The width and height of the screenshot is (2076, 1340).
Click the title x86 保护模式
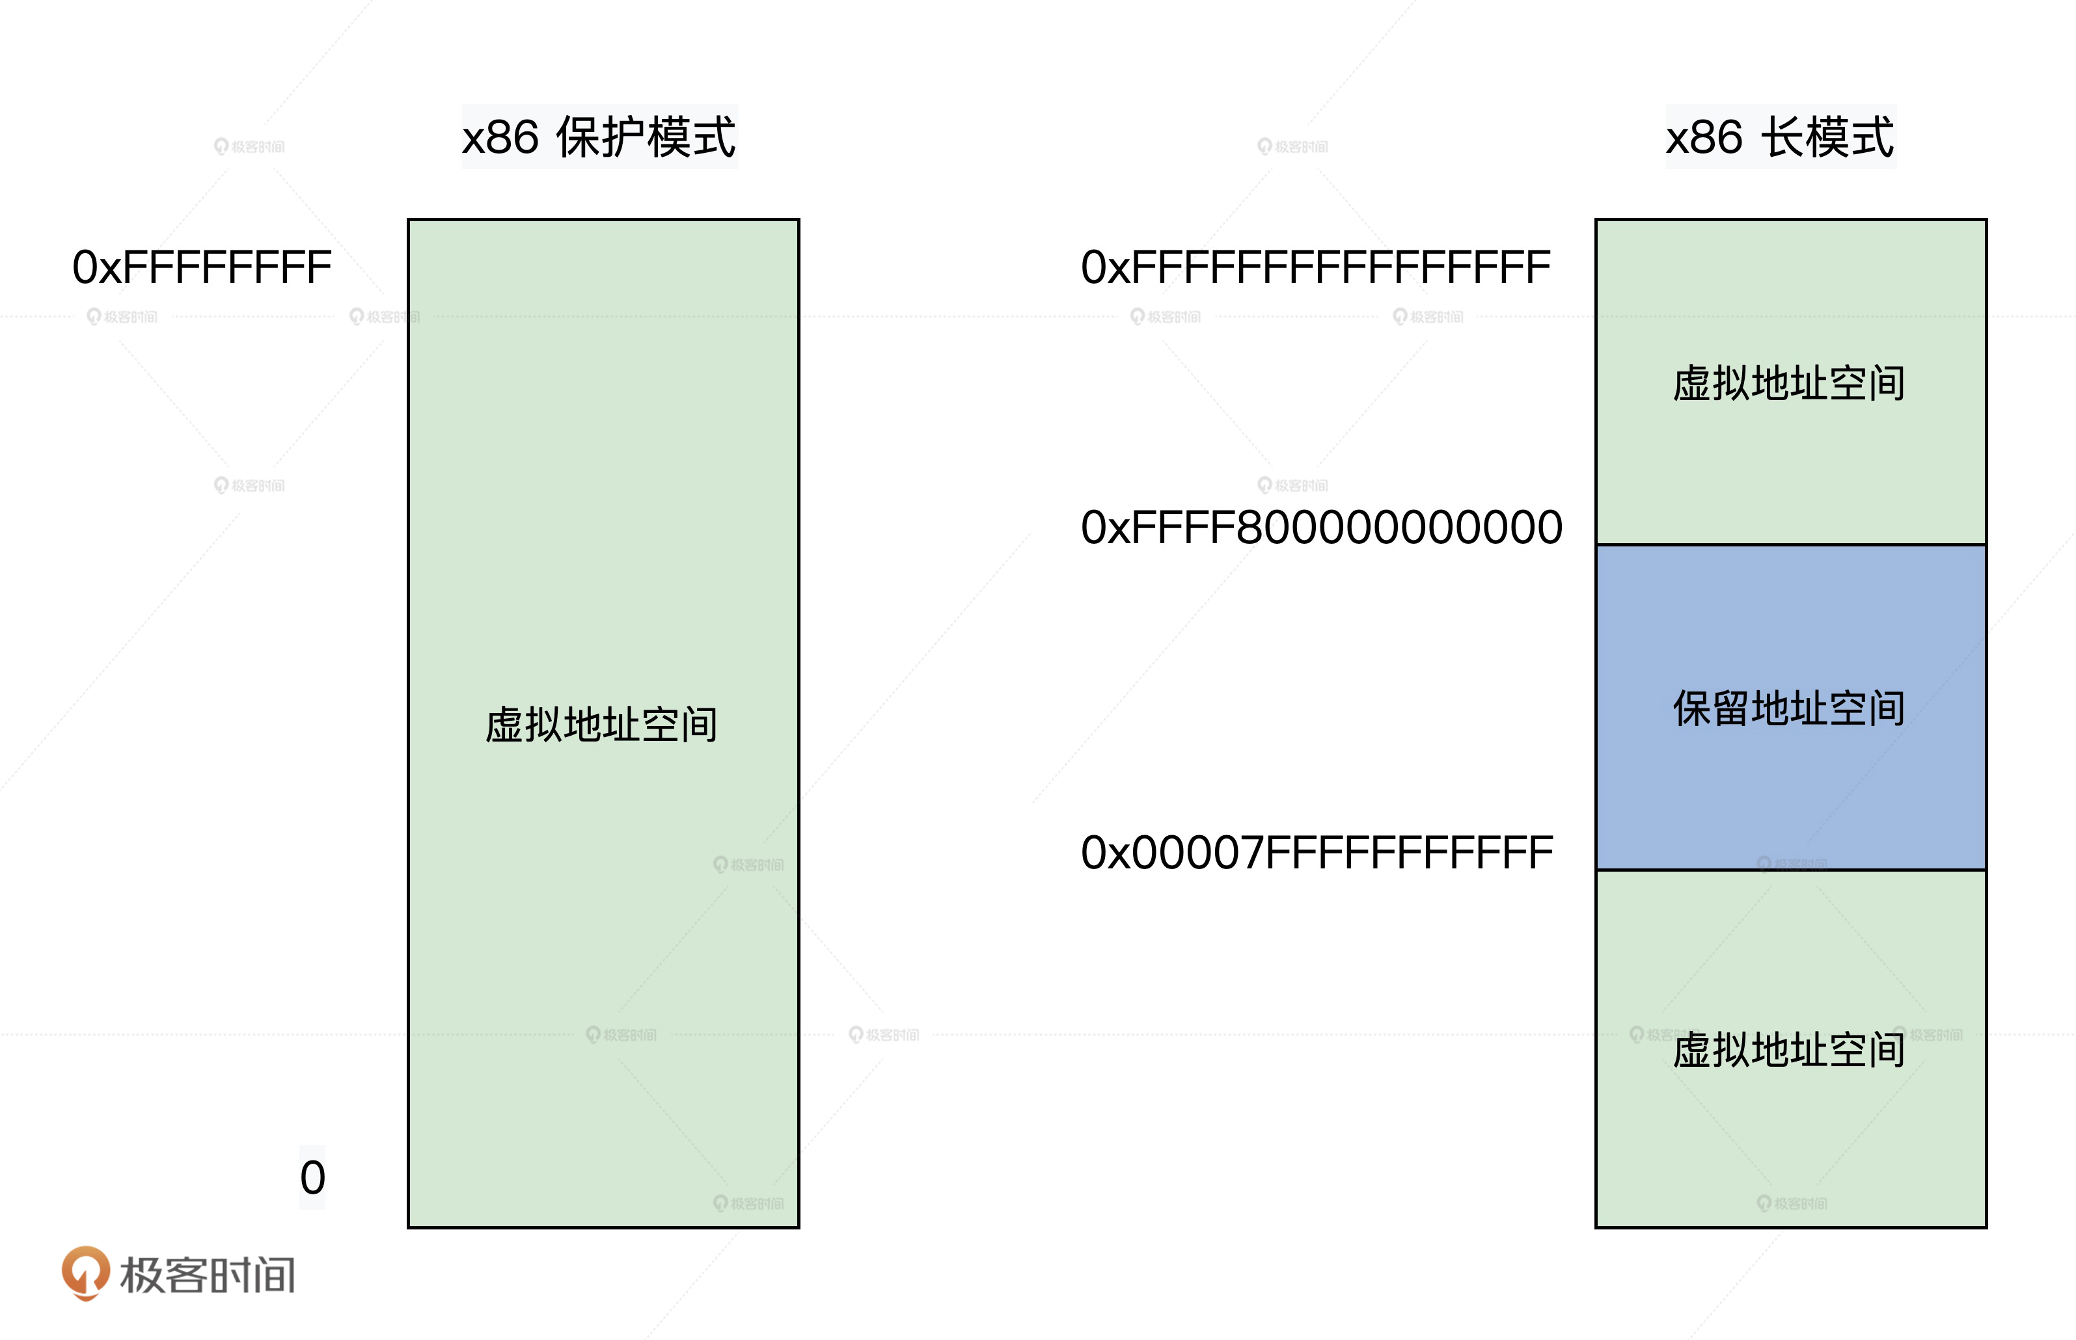599,137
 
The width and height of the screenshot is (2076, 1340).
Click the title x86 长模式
1779,137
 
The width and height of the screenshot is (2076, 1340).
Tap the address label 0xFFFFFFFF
202,267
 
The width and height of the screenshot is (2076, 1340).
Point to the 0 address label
312,1177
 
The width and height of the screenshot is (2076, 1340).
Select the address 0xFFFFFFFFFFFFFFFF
1315,267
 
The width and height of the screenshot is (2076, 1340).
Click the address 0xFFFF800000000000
1321,528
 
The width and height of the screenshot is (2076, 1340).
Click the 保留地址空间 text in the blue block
1789,708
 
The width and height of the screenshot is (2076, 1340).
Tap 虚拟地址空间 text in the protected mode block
601,725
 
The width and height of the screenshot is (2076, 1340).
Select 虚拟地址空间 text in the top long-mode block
1789,384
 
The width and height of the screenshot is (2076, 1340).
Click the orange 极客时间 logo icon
85,1272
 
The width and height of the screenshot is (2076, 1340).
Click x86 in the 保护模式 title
500,137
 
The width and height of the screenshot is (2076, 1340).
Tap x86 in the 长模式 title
1704,137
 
